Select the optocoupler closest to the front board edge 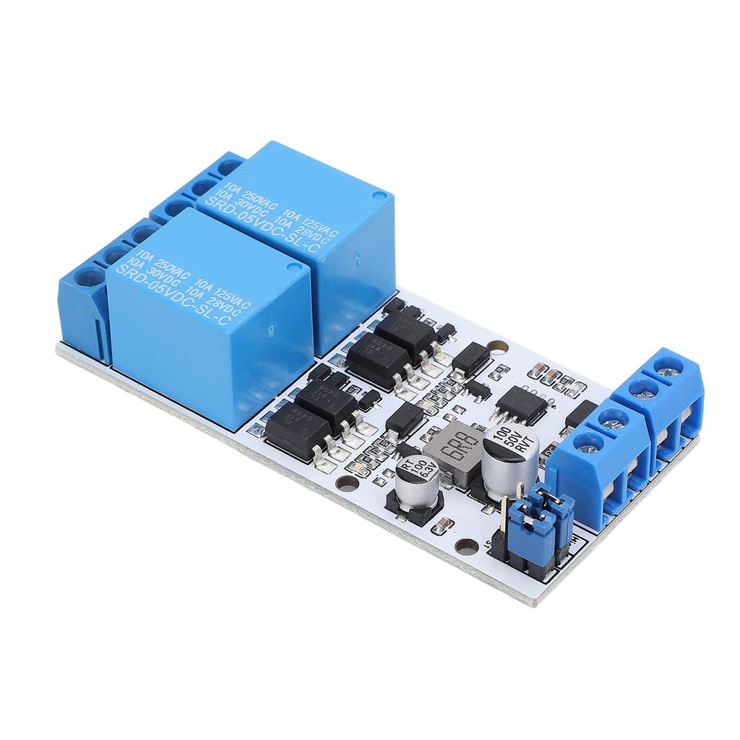click(286, 430)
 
